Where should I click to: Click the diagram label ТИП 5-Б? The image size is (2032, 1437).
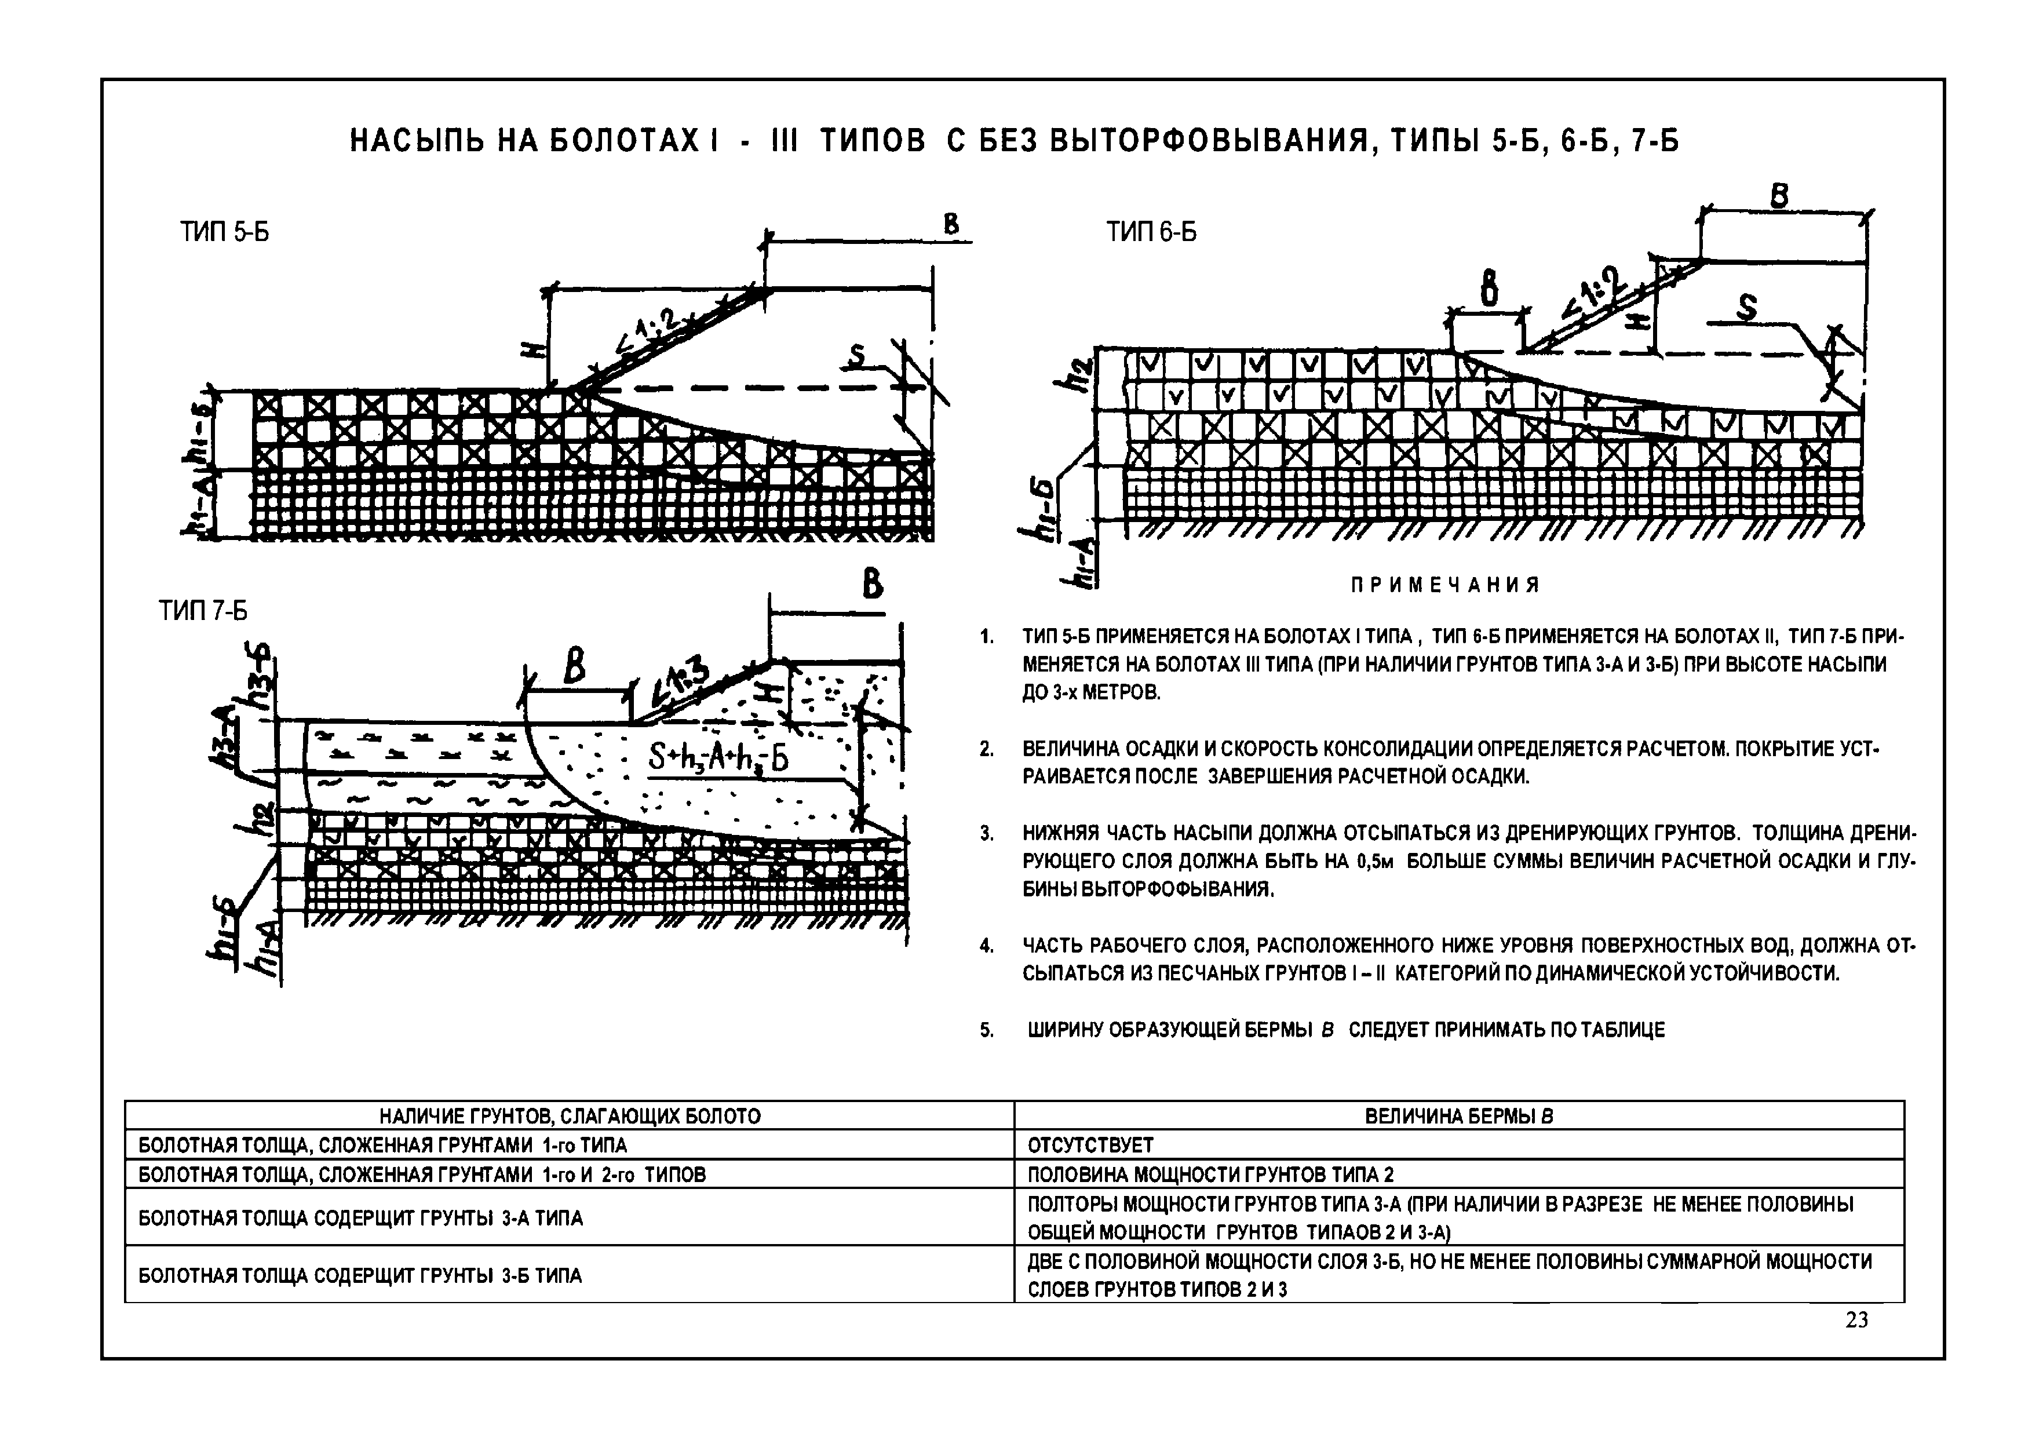pyautogui.click(x=225, y=233)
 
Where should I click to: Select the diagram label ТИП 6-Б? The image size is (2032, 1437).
pyautogui.click(x=1151, y=233)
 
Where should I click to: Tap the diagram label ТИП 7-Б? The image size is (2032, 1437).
pyautogui.click(x=203, y=611)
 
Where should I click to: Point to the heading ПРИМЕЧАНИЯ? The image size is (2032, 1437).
pyautogui.click(x=1445, y=585)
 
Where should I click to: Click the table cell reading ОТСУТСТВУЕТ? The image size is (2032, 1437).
pyautogui.click(x=1090, y=1146)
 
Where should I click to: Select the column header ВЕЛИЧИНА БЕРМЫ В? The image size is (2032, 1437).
pyautogui.click(x=1458, y=1117)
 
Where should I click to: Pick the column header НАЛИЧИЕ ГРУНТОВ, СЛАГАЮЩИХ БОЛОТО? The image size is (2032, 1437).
pyautogui.click(x=570, y=1117)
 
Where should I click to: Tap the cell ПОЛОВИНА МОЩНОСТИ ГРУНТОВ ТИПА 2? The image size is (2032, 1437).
pyautogui.click(x=1210, y=1175)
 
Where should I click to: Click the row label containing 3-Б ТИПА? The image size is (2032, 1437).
pyautogui.click(x=360, y=1276)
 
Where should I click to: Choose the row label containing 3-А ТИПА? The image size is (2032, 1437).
pyautogui.click(x=360, y=1219)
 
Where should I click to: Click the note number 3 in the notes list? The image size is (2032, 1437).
pyautogui.click(x=987, y=834)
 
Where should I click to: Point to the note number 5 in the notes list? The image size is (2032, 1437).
pyautogui.click(x=987, y=1030)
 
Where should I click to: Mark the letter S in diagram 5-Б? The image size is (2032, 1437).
pyautogui.click(x=856, y=356)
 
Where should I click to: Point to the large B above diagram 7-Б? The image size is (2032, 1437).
pyautogui.click(x=873, y=585)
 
